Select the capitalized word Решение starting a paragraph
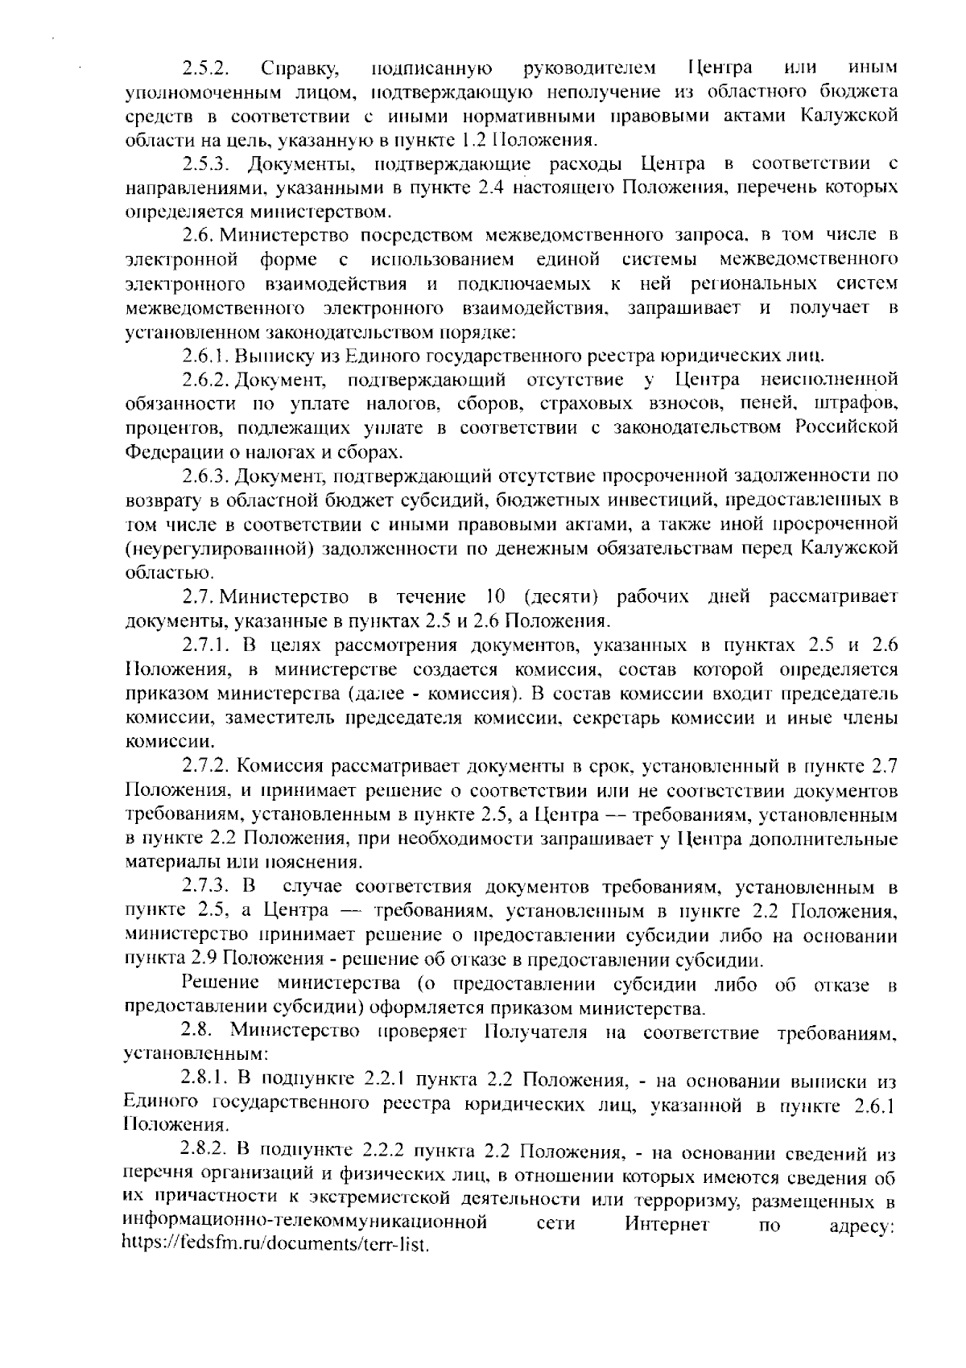221,983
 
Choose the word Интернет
666,1224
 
